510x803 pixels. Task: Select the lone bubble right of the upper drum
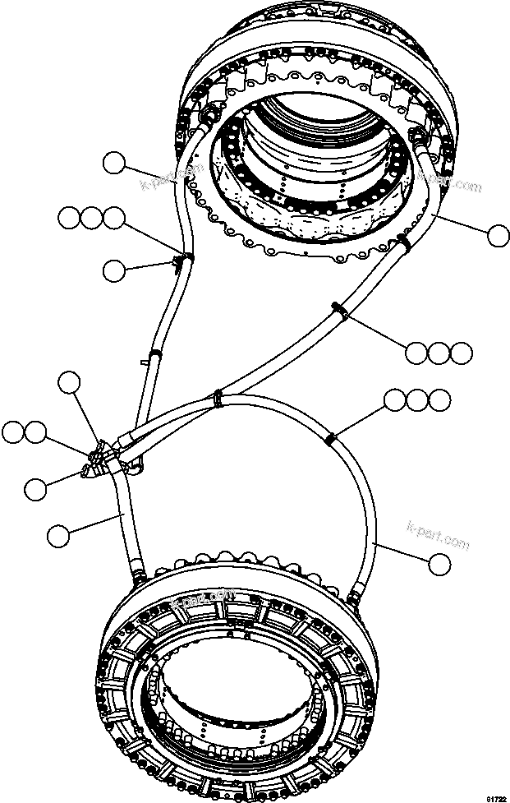(497, 236)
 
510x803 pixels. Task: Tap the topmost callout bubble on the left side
(113, 164)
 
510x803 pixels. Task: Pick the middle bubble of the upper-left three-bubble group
(91, 218)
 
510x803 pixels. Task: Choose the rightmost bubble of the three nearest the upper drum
(462, 353)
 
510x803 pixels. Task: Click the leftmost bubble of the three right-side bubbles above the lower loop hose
(396, 401)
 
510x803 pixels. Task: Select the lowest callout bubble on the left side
(57, 537)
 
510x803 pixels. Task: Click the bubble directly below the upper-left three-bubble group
(114, 269)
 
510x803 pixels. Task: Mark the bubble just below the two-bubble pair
(34, 489)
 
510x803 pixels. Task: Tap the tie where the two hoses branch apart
(218, 398)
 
